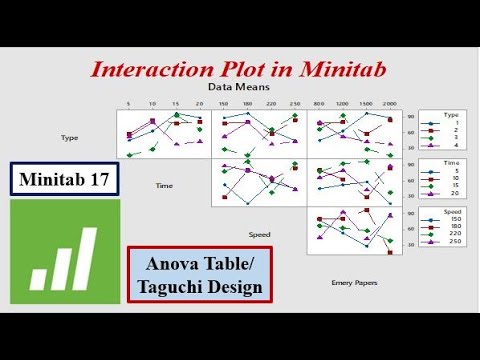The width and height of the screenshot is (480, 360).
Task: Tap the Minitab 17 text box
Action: [67, 180]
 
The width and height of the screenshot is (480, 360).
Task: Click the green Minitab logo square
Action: [63, 251]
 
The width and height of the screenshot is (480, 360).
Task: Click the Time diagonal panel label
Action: [164, 185]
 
